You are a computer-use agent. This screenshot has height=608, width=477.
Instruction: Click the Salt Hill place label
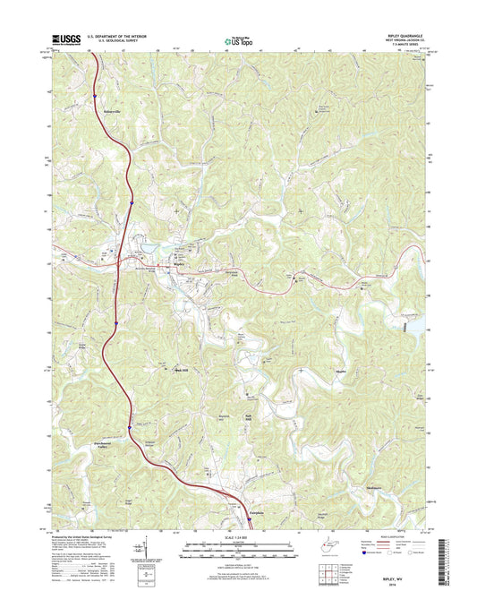(250, 415)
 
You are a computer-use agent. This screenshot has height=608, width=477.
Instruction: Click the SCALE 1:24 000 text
(238, 535)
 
